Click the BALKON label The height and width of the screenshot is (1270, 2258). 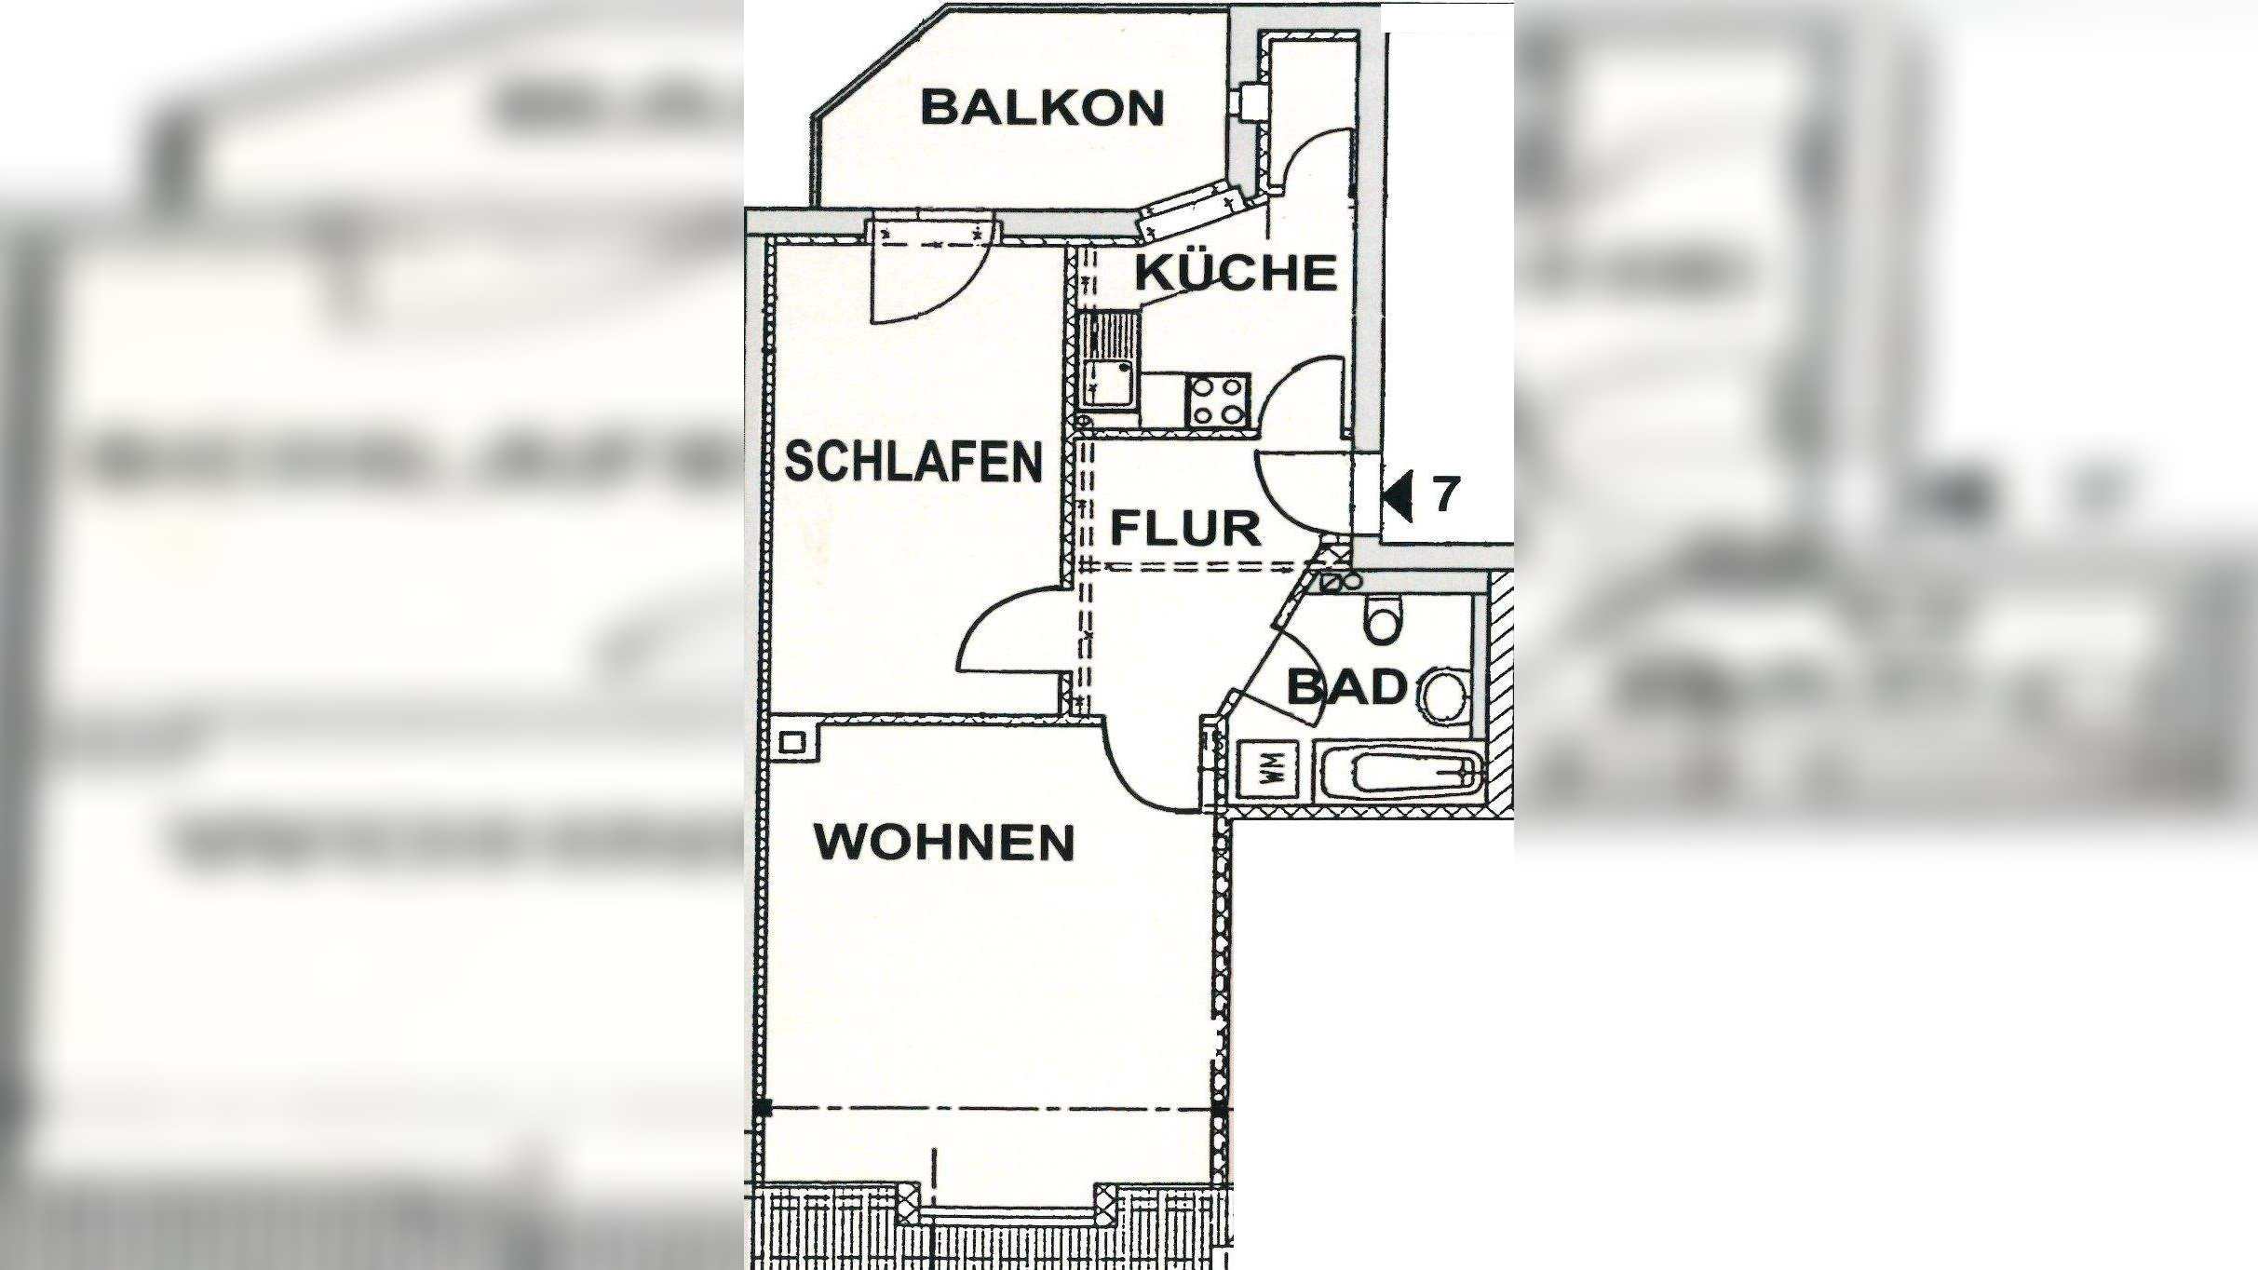pyautogui.click(x=1042, y=108)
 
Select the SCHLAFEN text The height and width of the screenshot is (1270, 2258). pyautogui.click(x=914, y=462)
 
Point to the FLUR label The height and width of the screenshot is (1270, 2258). pyautogui.click(x=1185, y=529)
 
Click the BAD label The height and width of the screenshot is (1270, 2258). pyautogui.click(x=1346, y=689)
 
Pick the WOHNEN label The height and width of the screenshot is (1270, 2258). pyautogui.click(x=944, y=843)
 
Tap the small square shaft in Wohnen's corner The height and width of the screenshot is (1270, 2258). pyautogui.click(x=793, y=741)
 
